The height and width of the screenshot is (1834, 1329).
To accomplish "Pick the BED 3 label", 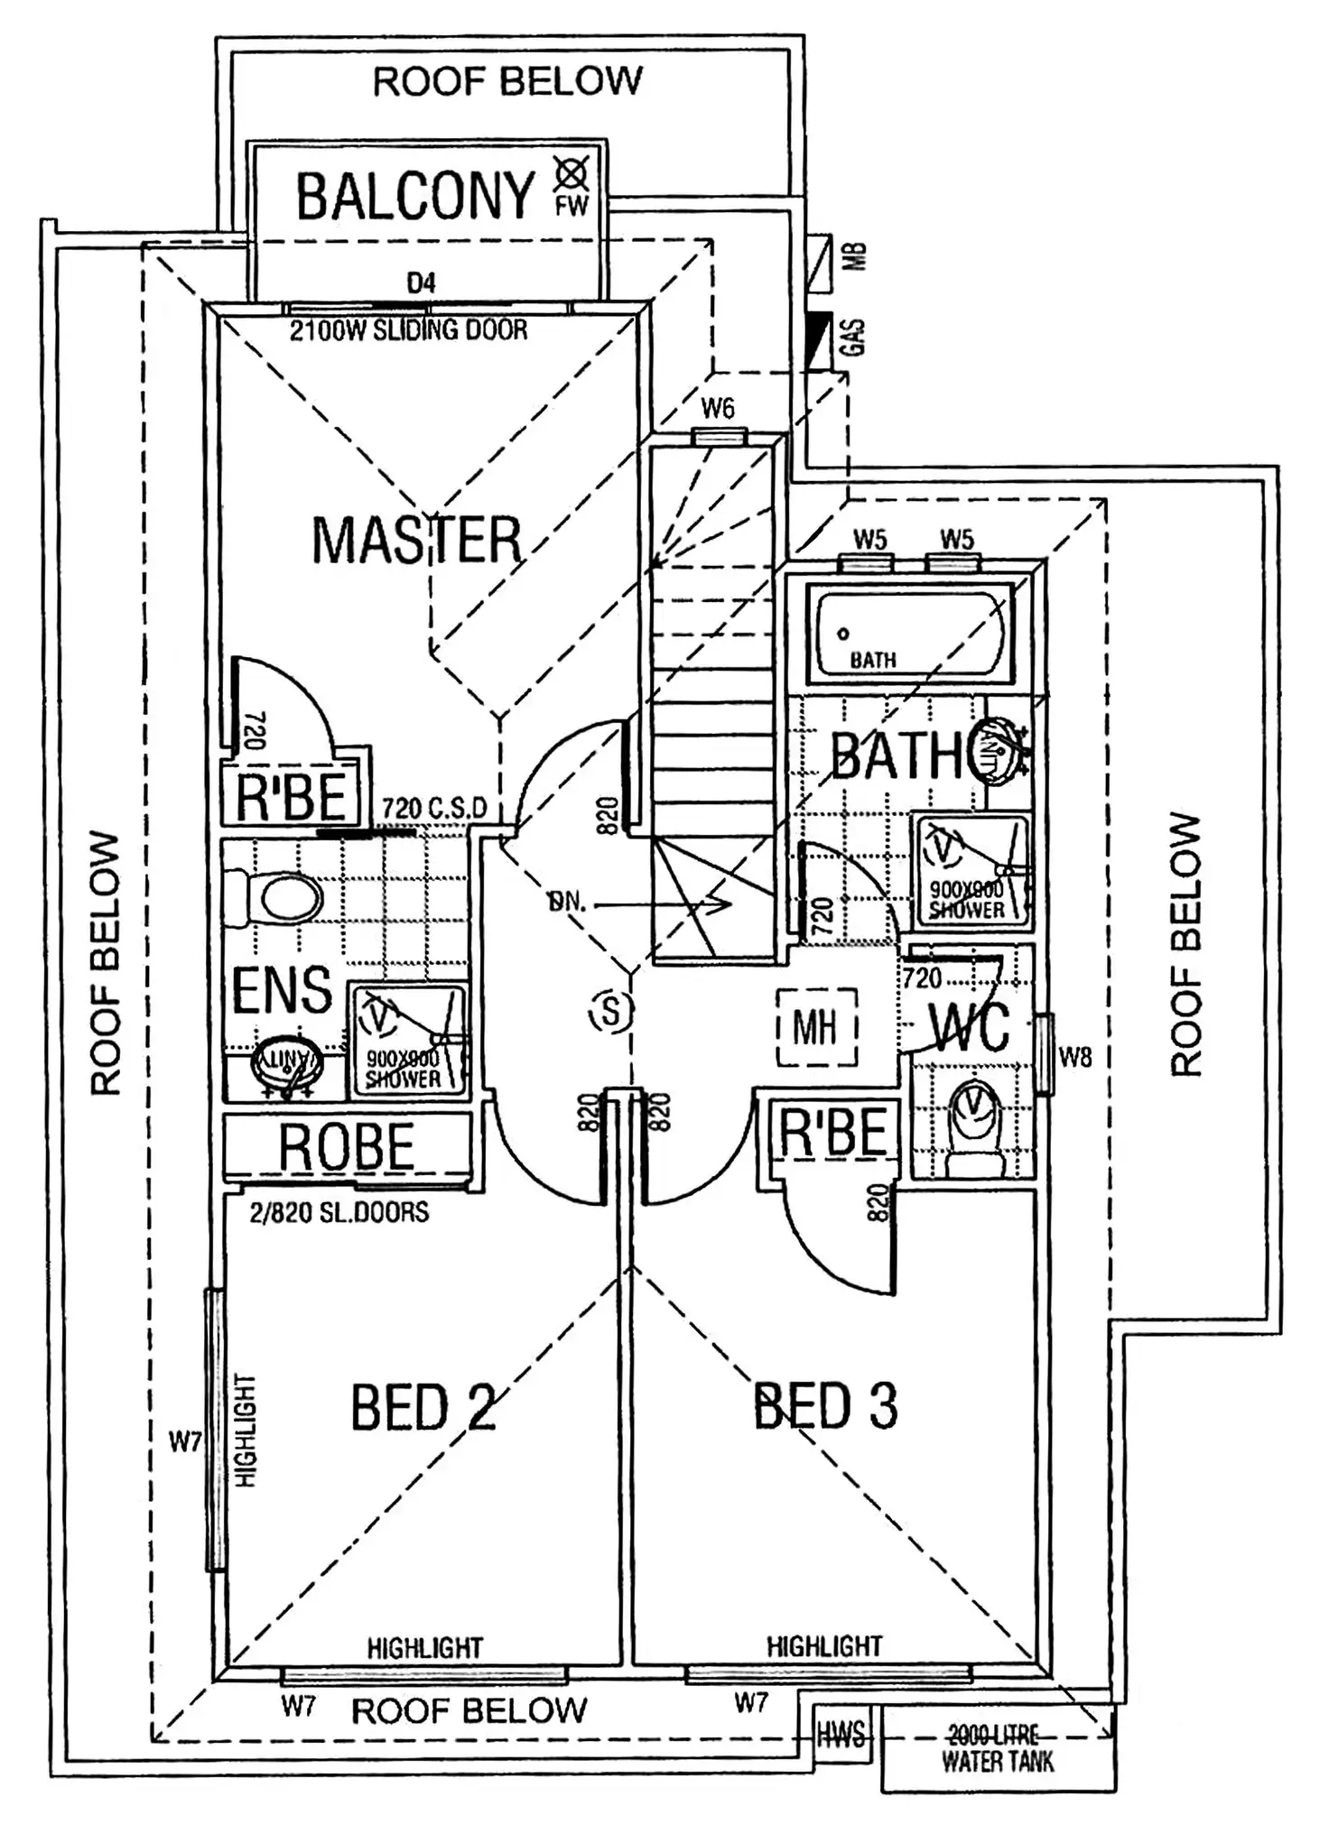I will click(825, 1404).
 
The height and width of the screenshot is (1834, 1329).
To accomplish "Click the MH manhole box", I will click(815, 1027).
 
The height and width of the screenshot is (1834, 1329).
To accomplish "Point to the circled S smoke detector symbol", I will click(611, 1011).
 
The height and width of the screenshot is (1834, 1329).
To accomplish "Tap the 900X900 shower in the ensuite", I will click(408, 1041).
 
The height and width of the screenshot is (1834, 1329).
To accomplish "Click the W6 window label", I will click(718, 409).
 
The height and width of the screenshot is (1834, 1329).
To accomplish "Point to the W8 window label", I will click(1074, 1056).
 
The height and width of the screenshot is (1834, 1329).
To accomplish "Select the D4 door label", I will click(421, 283).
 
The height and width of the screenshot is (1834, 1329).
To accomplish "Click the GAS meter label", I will click(855, 336).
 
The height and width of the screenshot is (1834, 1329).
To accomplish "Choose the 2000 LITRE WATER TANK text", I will click(998, 1747).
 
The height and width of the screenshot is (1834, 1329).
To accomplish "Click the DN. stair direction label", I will click(566, 901).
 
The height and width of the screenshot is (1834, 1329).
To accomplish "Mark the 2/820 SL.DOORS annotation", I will click(339, 1212).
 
